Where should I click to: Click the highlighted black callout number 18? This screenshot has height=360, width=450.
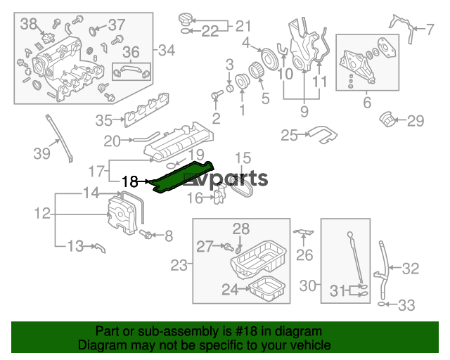coord(129,181)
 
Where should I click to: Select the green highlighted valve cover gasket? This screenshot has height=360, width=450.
coord(183,176)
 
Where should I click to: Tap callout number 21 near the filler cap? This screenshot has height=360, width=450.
coord(243,26)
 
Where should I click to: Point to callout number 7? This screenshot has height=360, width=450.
coord(429,30)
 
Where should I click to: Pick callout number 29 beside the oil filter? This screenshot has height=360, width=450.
coord(416,121)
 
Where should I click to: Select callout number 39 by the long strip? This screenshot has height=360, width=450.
coord(42,153)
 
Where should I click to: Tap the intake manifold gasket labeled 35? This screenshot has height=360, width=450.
coord(147,110)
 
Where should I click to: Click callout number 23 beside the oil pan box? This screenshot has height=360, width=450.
coord(179,265)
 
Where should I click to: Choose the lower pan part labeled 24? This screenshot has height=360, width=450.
coord(267,289)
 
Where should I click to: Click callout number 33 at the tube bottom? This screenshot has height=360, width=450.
coord(406,305)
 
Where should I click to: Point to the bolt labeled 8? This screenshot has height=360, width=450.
coord(146,235)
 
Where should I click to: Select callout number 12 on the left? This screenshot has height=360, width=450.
coord(42,214)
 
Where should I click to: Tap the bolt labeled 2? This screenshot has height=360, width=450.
coord(217,95)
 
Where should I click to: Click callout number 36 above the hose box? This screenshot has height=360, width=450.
coord(131,52)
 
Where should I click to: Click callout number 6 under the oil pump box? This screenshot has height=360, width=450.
coord(367,103)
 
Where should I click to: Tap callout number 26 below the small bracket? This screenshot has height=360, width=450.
coord(304,255)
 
